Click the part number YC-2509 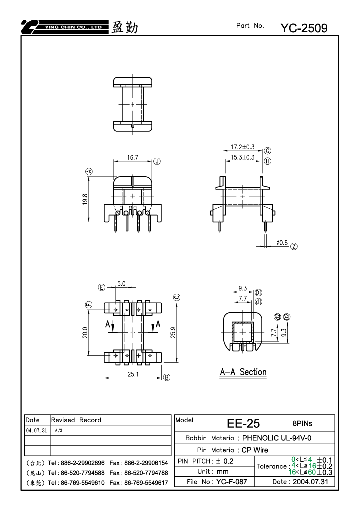pyautogui.click(x=304, y=28)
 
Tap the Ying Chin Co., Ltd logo pyautogui.click(x=64, y=27)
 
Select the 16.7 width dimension pyautogui.click(x=132, y=158)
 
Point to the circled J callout pyautogui.click(x=157, y=161)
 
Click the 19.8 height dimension pyautogui.click(x=85, y=199)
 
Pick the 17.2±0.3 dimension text pyautogui.click(x=242, y=147)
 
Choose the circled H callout pyautogui.click(x=267, y=161)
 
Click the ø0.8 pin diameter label pyautogui.click(x=282, y=243)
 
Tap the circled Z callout pyautogui.click(x=294, y=246)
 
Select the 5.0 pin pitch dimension pyautogui.click(x=121, y=284)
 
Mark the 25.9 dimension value pyautogui.click(x=173, y=332)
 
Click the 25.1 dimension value pyautogui.click(x=133, y=374)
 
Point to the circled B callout pyautogui.click(x=166, y=377)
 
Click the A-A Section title pyautogui.click(x=243, y=372)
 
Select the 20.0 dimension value pyautogui.click(x=85, y=332)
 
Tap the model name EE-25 pyautogui.click(x=243, y=423)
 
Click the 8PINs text pyautogui.click(x=302, y=423)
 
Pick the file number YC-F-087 pyautogui.click(x=231, y=481)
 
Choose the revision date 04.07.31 pyautogui.click(x=36, y=430)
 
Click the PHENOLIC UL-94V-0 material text pyautogui.click(x=277, y=438)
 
